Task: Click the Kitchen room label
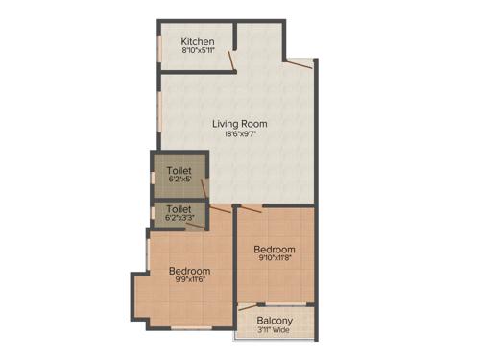point(198,42)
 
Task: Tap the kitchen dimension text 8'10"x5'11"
point(198,52)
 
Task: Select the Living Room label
point(240,124)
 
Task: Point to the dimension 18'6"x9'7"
point(240,135)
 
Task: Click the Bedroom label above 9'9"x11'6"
point(189,272)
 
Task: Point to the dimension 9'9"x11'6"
point(189,282)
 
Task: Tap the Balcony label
point(275,321)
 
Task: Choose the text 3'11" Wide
point(275,331)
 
